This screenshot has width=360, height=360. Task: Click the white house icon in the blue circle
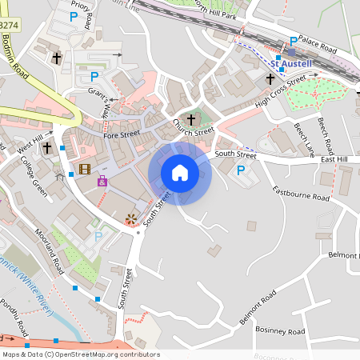(x=180, y=173)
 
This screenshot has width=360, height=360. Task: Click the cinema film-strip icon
(x=85, y=168)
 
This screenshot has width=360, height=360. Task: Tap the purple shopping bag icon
(x=102, y=182)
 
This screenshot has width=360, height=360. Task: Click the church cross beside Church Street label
(x=190, y=118)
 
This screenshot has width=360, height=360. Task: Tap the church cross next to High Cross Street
(x=270, y=80)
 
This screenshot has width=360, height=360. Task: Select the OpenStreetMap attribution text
(x=81, y=354)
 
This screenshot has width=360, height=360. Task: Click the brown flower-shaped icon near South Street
(x=130, y=218)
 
